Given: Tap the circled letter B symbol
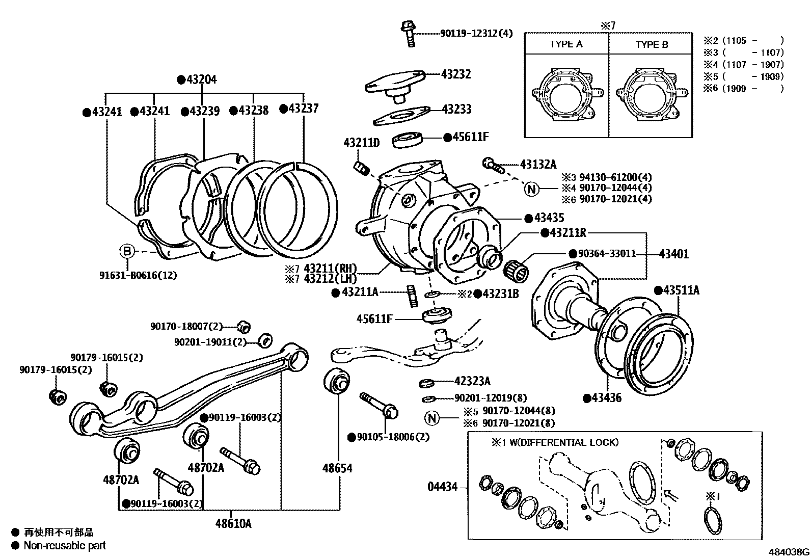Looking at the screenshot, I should click(127, 251).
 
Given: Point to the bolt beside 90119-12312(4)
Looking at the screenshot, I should click(409, 33).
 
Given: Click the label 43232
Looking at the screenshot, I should click(456, 74).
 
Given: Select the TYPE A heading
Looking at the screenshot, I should click(566, 44).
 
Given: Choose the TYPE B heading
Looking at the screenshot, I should click(652, 45).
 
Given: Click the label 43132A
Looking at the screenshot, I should click(538, 164).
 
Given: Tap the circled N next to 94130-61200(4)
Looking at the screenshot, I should click(531, 190).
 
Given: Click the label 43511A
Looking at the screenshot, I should click(681, 290).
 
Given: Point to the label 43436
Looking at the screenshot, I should click(606, 398).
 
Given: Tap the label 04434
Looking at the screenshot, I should click(442, 488).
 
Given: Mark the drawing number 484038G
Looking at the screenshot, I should click(789, 552).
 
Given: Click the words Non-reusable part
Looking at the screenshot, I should click(65, 546).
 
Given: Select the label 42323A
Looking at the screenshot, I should click(473, 381).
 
